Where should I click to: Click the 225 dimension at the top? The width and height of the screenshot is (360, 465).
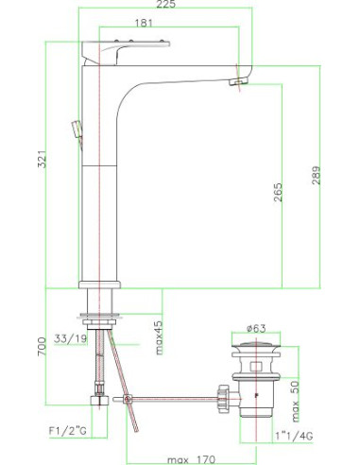tap(165, 4)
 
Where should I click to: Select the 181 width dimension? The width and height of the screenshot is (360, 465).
tap(144, 23)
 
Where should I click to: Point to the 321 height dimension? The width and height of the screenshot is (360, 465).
tap(42, 159)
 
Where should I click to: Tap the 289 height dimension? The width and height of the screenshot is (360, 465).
tap(316, 175)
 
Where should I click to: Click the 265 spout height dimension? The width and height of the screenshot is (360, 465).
tap(278, 192)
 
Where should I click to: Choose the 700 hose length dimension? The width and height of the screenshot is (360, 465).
tap(42, 346)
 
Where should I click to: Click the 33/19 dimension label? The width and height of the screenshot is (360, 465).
tap(70, 338)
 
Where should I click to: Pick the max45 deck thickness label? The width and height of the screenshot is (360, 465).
tap(160, 337)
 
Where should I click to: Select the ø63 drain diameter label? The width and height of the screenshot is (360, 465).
tap(256, 328)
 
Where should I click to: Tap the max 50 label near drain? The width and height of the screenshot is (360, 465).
tap(295, 402)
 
